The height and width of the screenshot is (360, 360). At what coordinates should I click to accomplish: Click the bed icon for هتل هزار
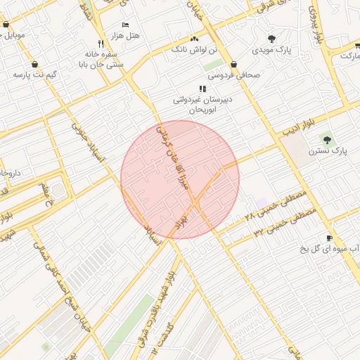click(125, 25)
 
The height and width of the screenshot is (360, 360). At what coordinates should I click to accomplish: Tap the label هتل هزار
click(126, 35)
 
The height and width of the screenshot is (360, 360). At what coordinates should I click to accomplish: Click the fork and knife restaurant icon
click(102, 44)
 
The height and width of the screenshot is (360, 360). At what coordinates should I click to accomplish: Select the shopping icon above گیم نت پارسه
click(33, 72)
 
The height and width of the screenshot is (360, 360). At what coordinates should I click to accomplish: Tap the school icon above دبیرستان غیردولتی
click(202, 89)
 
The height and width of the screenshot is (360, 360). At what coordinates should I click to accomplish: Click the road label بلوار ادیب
click(296, 127)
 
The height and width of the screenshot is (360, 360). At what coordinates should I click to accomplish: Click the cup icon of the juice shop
click(328, 238)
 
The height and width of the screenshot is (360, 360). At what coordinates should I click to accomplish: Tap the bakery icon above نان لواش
click(195, 39)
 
